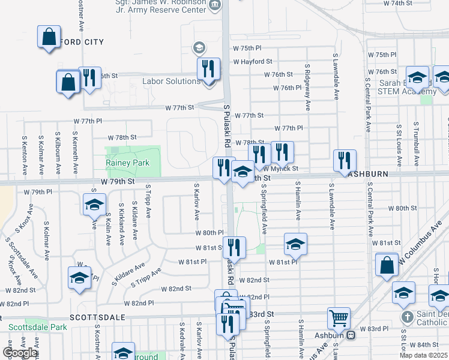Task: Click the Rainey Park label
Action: click(127, 163)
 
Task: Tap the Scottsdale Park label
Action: click(34, 328)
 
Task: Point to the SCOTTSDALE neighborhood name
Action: click(97, 316)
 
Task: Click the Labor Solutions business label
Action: click(170, 81)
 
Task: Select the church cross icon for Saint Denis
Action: click(406, 316)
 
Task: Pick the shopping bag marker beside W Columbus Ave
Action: click(387, 264)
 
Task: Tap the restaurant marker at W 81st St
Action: click(234, 247)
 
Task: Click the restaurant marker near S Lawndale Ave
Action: click(345, 160)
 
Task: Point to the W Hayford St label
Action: click(253, 61)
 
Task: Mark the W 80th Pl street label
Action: click(209, 232)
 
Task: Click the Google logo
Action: click(20, 353)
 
